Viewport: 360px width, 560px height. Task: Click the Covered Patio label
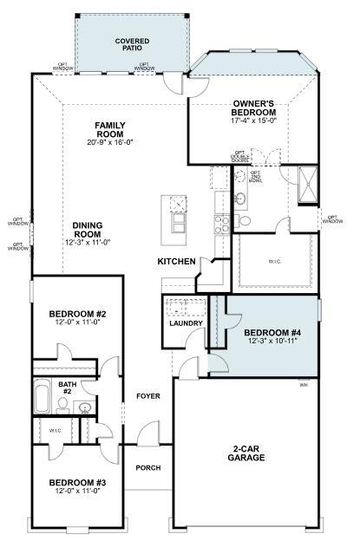point(133,45)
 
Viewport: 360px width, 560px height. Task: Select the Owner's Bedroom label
point(254,108)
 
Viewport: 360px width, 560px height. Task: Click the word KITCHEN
point(176,261)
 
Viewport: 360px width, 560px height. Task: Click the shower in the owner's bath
point(307,183)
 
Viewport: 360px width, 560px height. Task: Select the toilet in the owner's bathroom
point(244,221)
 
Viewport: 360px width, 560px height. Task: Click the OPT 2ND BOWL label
point(257,178)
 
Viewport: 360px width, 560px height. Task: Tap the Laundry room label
point(186,323)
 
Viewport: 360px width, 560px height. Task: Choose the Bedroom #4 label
point(272,333)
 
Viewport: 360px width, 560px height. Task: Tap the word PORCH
point(148,467)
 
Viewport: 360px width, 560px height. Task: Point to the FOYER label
point(148,396)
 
